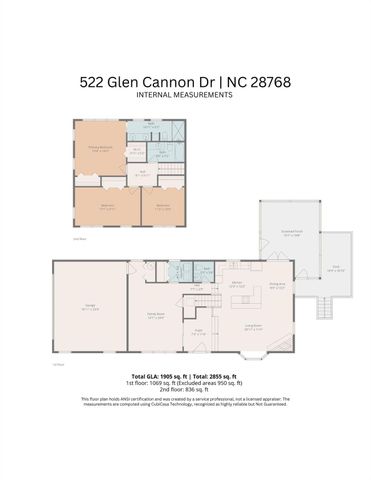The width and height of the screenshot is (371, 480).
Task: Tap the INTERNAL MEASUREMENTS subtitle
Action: [x=185, y=95]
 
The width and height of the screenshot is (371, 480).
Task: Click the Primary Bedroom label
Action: [x=99, y=150]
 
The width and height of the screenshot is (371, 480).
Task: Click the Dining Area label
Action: [x=277, y=285]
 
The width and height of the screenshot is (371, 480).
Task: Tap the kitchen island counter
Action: [x=240, y=297]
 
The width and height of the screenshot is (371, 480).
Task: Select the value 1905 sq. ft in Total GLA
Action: [x=174, y=377]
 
